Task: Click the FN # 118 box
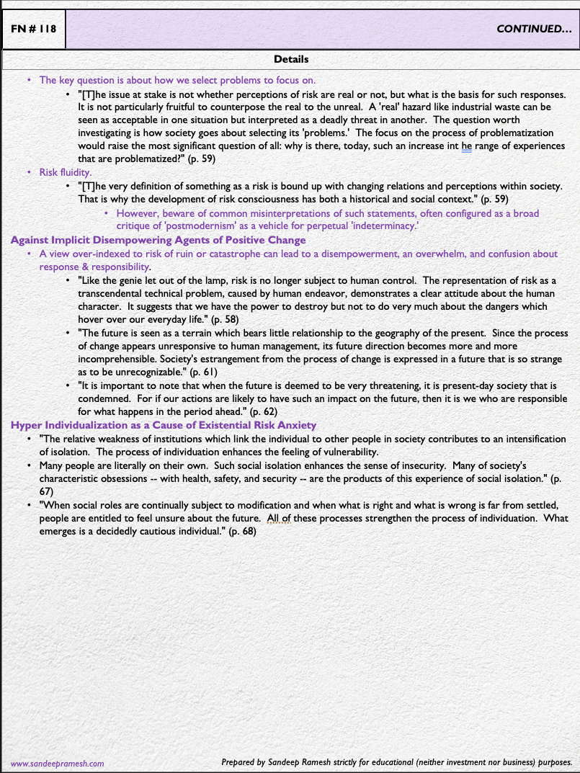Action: pyautogui.click(x=33, y=30)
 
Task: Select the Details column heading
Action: pyautogui.click(x=291, y=59)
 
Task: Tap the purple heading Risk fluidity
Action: pyautogui.click(x=66, y=172)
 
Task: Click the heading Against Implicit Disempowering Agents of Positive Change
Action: pyautogui.click(x=158, y=240)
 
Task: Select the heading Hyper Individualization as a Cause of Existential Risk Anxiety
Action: pyautogui.click(x=164, y=425)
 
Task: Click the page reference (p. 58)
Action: pyautogui.click(x=226, y=318)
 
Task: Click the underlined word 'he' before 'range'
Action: pyautogui.click(x=466, y=145)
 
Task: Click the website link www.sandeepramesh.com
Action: pyautogui.click(x=57, y=763)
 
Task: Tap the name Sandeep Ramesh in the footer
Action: pyautogui.click(x=296, y=761)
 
